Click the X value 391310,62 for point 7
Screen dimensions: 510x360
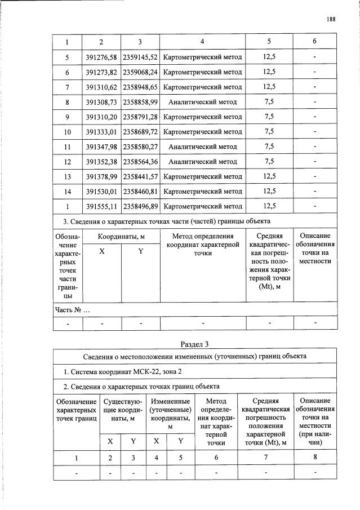101,87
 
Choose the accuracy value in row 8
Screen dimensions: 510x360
269,102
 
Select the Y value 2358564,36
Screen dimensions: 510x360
140,162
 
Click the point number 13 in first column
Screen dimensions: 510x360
67,176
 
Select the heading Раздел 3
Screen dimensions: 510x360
194,344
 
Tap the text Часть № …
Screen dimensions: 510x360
72,309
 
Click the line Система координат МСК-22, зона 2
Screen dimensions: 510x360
122,371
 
